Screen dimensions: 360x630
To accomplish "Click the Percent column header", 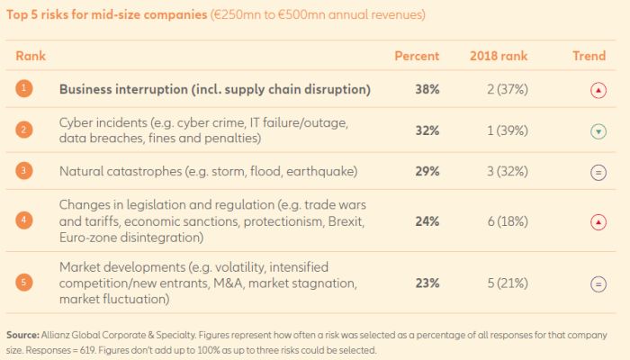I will click(417, 57).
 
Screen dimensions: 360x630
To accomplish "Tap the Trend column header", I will click(589, 57).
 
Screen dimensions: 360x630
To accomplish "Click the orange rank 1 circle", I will click(24, 89).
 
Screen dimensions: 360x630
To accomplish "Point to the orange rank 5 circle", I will click(24, 283).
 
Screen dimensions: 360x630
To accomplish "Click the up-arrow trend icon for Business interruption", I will click(598, 90).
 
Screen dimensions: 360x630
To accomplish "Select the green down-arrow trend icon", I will click(598, 131).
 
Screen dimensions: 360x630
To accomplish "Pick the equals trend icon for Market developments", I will click(598, 283).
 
